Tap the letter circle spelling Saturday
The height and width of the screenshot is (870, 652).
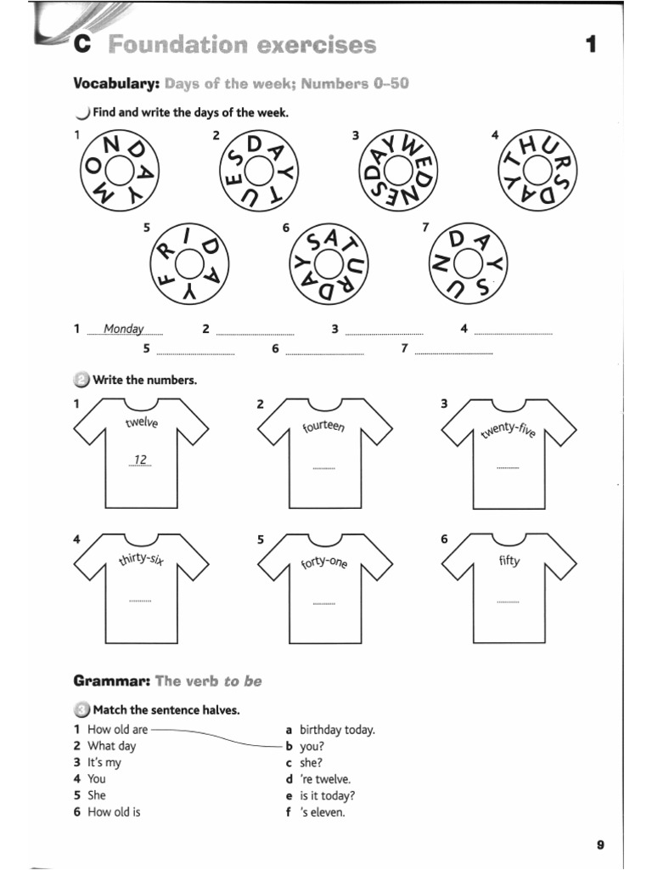[326, 265]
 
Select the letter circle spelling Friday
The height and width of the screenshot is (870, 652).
[188, 265]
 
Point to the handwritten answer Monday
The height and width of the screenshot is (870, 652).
[124, 329]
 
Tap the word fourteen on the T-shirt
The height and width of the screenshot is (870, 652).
[323, 425]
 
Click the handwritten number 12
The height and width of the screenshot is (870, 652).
[140, 460]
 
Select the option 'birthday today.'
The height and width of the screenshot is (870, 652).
[337, 730]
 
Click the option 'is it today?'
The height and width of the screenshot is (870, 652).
[327, 796]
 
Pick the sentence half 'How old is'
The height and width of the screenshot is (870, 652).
[114, 812]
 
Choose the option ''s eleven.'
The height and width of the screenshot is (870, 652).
[323, 812]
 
